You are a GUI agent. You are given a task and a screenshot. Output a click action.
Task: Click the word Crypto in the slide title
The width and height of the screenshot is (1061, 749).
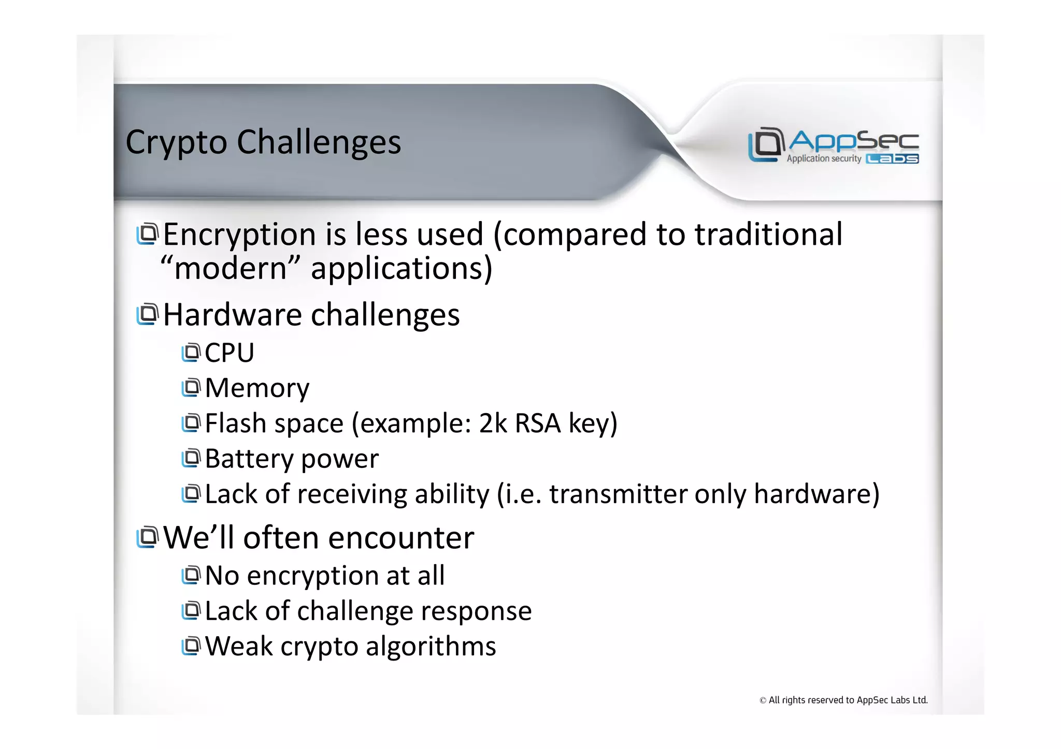click(x=176, y=142)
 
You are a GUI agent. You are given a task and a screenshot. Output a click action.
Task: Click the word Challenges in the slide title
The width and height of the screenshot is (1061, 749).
click(x=319, y=142)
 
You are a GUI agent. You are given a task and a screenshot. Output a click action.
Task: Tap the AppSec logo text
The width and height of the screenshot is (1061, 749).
click(x=854, y=140)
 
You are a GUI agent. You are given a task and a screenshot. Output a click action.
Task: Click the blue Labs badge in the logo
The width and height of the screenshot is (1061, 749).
click(x=892, y=159)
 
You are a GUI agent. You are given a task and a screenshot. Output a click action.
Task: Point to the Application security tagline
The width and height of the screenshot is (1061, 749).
click(x=824, y=158)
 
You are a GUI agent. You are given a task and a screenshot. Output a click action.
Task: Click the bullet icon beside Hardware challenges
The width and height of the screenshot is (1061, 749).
click(x=147, y=314)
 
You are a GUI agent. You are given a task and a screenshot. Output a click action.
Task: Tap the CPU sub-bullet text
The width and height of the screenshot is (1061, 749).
click(x=230, y=353)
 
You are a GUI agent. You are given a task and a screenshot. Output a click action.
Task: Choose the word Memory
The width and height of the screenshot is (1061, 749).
click(x=257, y=388)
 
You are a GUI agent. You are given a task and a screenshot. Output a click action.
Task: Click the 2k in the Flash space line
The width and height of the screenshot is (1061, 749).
click(x=493, y=423)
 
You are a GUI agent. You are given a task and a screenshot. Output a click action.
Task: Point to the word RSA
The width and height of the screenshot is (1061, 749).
click(x=537, y=423)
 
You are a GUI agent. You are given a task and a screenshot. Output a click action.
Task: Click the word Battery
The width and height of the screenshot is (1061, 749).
click(x=249, y=459)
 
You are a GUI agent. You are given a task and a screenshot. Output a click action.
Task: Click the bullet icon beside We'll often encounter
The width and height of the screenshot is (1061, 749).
click(x=147, y=537)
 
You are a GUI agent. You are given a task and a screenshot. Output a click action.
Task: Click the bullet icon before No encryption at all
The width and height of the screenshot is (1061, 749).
click(x=191, y=575)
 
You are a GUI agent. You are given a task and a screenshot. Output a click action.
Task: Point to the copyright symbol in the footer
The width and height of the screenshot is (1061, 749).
click(x=763, y=701)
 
